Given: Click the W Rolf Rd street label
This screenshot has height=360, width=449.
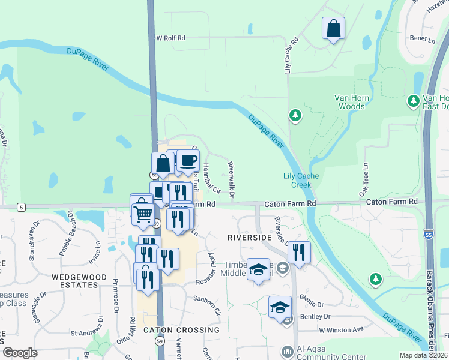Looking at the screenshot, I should [170, 38].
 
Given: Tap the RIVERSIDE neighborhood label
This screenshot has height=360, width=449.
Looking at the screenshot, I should [250, 238].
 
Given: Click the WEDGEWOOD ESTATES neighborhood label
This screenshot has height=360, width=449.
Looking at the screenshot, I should [79, 281].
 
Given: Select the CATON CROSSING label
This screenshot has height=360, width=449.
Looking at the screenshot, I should [181, 330].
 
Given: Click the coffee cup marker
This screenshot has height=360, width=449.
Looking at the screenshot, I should [188, 160].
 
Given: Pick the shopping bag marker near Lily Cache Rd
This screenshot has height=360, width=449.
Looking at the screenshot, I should [333, 28].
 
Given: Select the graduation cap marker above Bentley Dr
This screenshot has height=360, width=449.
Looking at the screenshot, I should [280, 307].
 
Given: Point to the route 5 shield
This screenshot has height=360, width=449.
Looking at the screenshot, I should [22, 207].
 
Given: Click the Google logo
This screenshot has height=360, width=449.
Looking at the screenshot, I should [20, 353].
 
